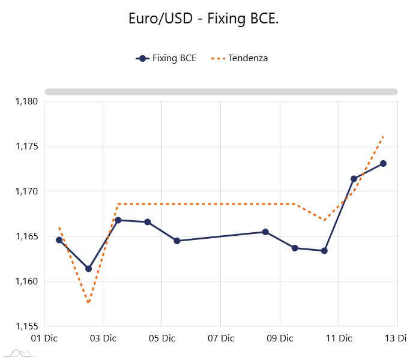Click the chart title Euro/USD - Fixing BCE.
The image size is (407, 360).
pos(203,19)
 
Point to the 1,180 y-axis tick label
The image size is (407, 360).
pos(26,101)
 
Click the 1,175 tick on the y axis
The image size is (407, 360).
pos(26,146)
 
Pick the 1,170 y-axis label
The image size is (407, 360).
pos(26,191)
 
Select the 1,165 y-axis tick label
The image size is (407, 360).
pos(26,236)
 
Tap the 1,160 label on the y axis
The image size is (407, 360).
pos(26,281)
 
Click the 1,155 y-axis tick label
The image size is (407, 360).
pos(26,326)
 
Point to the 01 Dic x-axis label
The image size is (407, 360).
pos(44,338)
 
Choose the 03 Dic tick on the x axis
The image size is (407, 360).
pos(103,338)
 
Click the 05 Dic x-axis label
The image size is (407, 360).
pos(161,338)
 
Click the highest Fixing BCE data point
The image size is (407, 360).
pos(383,163)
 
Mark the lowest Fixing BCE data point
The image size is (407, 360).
pos(89,269)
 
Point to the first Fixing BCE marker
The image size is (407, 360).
pos(59,240)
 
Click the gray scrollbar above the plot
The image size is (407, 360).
pos(221,92)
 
